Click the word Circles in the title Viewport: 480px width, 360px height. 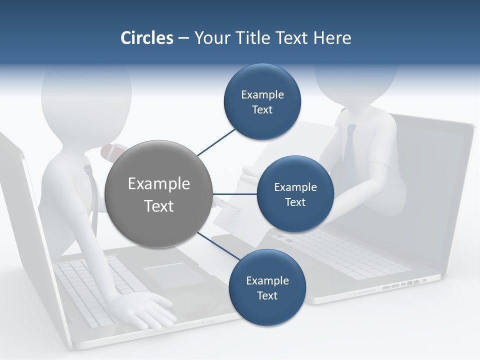147,38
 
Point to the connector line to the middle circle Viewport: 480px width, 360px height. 234,194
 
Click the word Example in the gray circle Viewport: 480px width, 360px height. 158,184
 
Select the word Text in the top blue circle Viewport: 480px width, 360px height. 262,110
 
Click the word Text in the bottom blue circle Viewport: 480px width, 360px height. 267,296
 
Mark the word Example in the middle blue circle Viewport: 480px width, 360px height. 295,187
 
